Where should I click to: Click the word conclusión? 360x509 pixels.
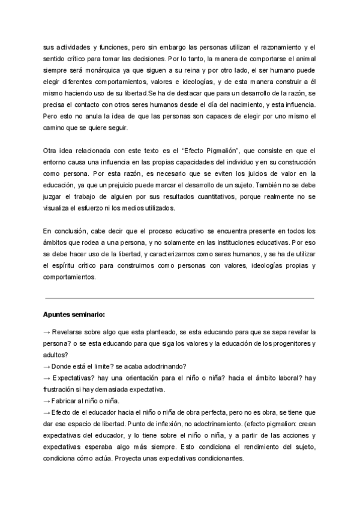73,231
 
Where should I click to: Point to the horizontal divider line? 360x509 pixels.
179,298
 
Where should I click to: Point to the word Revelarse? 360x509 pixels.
71,332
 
